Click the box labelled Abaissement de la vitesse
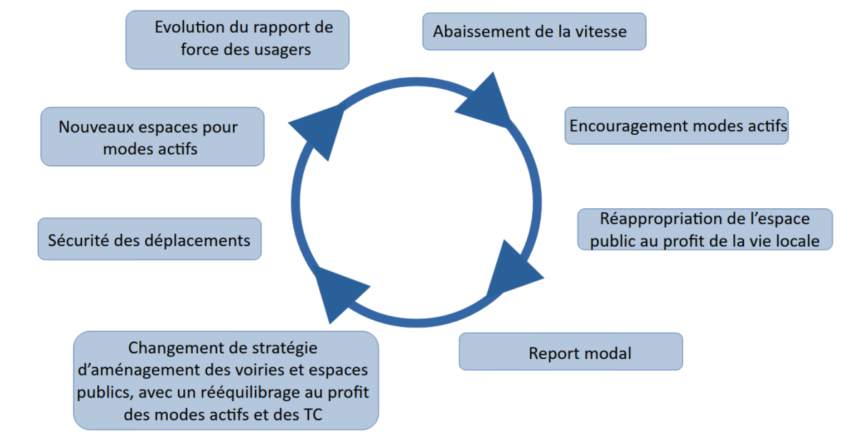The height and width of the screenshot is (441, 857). point(534,31)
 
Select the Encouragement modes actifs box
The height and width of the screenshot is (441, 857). point(676,126)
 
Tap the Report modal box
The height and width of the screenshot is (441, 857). point(571,352)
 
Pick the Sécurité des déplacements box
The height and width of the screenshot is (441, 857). point(149,239)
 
